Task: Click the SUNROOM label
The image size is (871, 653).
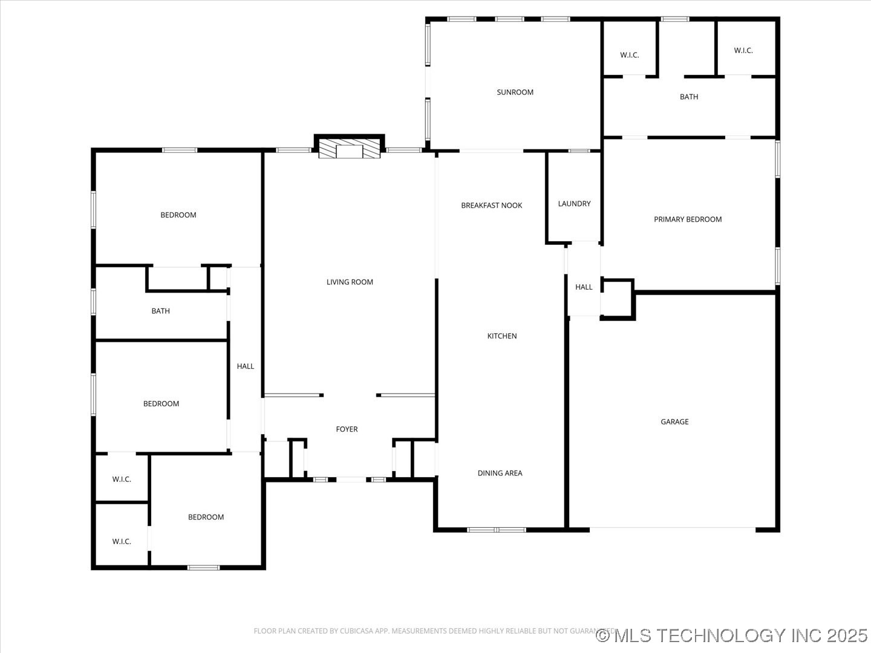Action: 515,93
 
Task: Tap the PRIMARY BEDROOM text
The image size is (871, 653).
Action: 688,219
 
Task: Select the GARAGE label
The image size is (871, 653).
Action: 674,422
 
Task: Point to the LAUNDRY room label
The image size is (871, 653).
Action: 574,204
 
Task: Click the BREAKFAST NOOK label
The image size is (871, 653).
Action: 491,206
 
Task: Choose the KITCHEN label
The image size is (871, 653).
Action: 502,336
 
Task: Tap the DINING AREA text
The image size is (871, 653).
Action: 500,473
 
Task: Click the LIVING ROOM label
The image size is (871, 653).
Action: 350,282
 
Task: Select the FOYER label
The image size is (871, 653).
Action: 347,429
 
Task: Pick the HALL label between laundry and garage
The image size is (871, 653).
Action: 584,287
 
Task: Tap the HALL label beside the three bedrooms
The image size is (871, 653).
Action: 246,366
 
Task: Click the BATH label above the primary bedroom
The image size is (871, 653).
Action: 689,97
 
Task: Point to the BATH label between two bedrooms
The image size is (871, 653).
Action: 160,311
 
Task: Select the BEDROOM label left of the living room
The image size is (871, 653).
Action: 178,215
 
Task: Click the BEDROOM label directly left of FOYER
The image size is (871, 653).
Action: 161,404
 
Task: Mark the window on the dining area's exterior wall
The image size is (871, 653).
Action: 496,530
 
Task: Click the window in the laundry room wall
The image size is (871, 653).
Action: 579,151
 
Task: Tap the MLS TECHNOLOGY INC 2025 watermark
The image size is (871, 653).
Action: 732,635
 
